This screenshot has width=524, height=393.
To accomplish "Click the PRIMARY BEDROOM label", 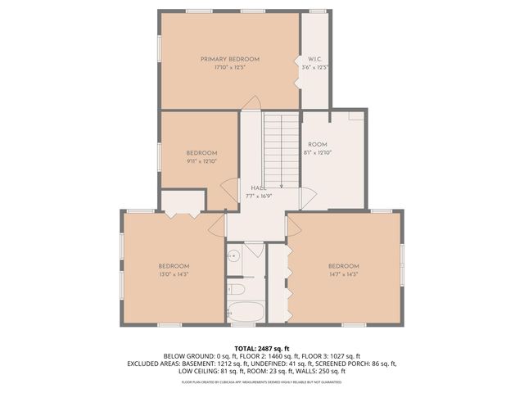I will [x=230, y=59].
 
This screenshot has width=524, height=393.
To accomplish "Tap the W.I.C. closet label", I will [x=315, y=59].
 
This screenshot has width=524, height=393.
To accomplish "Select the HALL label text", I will [x=259, y=188].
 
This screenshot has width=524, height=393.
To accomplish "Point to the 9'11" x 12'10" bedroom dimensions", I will [x=201, y=161].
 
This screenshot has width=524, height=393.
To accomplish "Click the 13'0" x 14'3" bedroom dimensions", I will [x=174, y=274].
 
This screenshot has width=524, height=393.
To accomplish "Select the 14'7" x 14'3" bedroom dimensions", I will [x=344, y=274].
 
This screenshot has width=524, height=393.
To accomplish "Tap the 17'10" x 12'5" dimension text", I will [x=230, y=67].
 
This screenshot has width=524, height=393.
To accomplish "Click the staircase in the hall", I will [x=281, y=147].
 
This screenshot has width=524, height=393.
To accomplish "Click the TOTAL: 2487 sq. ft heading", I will [x=261, y=348].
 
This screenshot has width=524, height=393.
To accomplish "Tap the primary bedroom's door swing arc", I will [x=252, y=103].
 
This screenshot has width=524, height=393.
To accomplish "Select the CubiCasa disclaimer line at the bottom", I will [x=262, y=382].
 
